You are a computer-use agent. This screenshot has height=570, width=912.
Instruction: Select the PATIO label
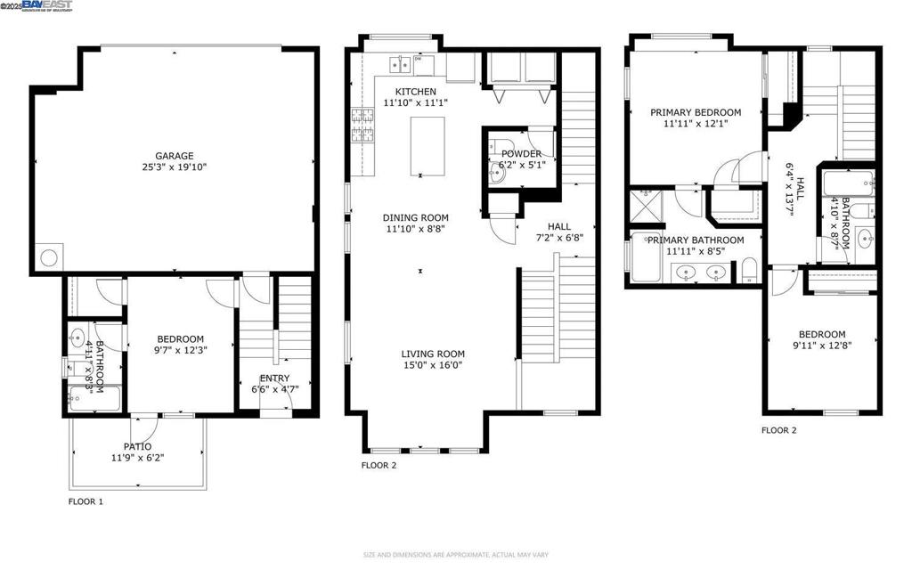tap(137, 446)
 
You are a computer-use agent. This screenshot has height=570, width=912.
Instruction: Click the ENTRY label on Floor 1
tap(273, 378)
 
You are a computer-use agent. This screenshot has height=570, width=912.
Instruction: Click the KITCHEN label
tap(415, 92)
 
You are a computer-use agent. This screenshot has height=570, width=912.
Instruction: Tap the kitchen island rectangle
tap(427, 146)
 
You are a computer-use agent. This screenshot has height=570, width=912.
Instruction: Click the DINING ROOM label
tap(415, 217)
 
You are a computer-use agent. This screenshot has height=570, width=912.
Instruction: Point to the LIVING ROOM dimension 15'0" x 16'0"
tap(432, 364)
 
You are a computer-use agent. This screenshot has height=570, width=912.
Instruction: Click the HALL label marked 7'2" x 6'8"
tap(558, 226)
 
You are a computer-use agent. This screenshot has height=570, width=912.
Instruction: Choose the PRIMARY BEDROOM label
tap(695, 112)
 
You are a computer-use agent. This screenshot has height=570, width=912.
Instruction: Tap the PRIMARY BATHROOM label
tap(695, 240)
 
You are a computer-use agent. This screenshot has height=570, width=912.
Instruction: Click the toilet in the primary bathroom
tap(748, 271)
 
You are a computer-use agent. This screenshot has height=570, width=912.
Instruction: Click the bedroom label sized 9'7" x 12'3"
tap(180, 338)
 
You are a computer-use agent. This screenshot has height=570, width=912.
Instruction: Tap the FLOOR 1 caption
tap(86, 501)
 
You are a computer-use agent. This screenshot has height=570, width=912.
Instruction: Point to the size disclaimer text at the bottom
tap(455, 556)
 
